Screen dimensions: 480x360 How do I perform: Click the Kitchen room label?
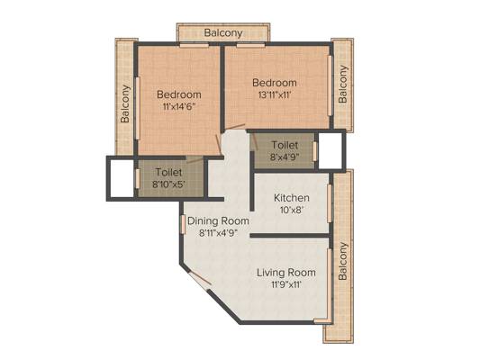pos(292,198)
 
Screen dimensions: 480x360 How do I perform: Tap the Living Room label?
pos(285,273)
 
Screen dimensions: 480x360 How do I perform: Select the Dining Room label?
pos(218,220)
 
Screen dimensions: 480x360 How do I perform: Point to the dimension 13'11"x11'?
pos(274,94)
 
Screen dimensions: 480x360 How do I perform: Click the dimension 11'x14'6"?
pos(179,106)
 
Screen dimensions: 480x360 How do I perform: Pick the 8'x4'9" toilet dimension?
pos(285,157)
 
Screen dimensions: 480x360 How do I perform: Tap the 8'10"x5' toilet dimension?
pos(168,184)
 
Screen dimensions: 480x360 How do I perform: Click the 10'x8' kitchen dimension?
pos(292,210)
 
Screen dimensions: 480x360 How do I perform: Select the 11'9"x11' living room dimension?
pos(286,284)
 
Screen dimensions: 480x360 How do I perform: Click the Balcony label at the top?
pos(223,32)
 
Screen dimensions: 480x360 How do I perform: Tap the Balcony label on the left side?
pos(125,104)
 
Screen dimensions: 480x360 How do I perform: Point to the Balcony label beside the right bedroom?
pos(343,84)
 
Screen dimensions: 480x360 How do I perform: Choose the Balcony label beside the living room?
pos(343,261)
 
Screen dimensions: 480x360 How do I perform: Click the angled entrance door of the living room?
pos(199,279)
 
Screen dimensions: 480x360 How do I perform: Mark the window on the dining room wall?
pos(183,225)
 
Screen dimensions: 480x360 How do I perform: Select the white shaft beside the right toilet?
pos(331,150)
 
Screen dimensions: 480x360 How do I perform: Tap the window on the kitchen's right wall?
pos(330,203)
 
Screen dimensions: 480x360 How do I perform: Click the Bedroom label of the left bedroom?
pos(179,94)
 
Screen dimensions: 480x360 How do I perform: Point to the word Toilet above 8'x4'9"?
pos(285,145)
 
